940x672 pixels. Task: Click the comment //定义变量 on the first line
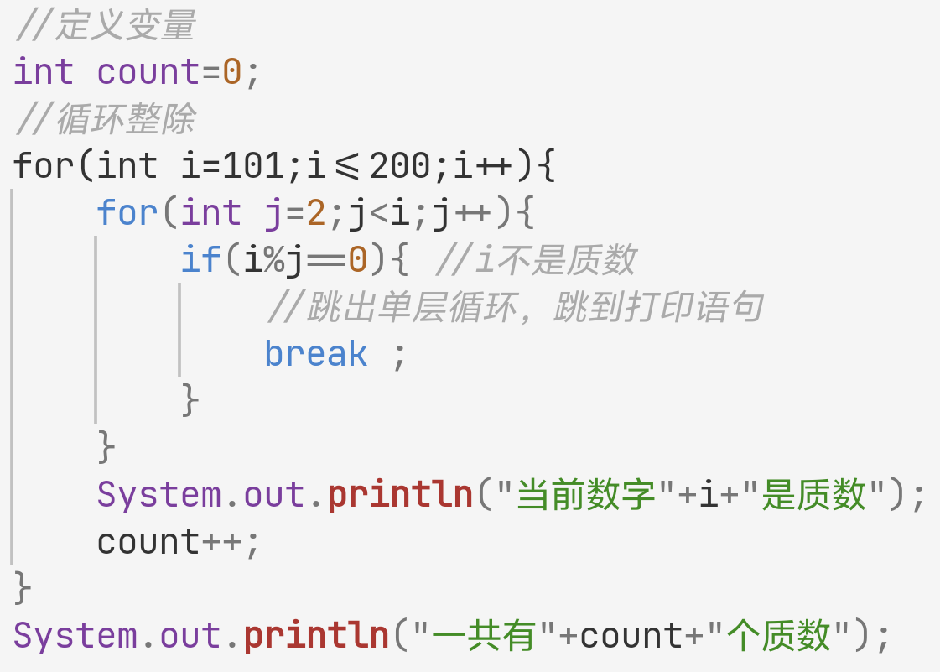click(x=105, y=26)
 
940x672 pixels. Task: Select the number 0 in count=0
click(x=232, y=72)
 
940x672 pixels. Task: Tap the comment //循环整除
click(x=105, y=119)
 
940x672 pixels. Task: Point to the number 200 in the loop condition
click(x=400, y=166)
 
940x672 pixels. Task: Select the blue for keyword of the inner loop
click(x=127, y=213)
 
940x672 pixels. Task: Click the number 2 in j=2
click(x=316, y=213)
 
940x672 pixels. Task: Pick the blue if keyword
click(x=201, y=260)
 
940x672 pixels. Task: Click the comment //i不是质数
click(x=536, y=260)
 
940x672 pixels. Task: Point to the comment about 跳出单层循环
click(x=514, y=308)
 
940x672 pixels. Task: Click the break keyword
click(x=316, y=354)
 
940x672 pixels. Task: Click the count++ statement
click(x=179, y=542)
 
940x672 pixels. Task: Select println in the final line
click(x=316, y=636)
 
